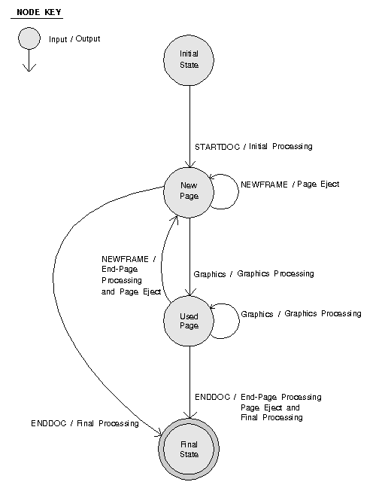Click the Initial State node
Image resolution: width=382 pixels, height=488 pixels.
click(x=189, y=60)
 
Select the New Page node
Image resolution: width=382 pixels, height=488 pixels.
click(x=189, y=192)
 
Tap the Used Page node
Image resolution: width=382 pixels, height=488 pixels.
click(x=189, y=321)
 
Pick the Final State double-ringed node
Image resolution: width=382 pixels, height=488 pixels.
click(x=189, y=449)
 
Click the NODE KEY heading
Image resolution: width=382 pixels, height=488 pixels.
click(x=39, y=12)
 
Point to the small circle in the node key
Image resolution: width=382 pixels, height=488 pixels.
click(x=29, y=38)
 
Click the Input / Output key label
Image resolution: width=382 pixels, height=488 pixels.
click(x=74, y=39)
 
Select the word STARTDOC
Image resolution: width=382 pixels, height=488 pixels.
click(x=217, y=147)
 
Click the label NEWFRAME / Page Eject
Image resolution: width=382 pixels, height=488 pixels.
click(x=290, y=185)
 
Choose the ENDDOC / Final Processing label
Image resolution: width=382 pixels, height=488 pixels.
click(x=85, y=423)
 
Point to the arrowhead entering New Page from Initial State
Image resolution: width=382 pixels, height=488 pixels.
click(x=190, y=165)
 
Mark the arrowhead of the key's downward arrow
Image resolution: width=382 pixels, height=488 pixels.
click(x=29, y=69)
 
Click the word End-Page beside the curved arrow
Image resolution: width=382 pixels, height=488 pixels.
click(x=120, y=269)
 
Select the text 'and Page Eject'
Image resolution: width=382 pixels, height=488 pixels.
click(x=131, y=291)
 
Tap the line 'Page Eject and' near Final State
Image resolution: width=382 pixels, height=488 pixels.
click(x=270, y=407)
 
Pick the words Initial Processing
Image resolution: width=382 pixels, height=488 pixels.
click(x=280, y=146)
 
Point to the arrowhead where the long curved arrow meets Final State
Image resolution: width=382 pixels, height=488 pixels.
click(x=159, y=432)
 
